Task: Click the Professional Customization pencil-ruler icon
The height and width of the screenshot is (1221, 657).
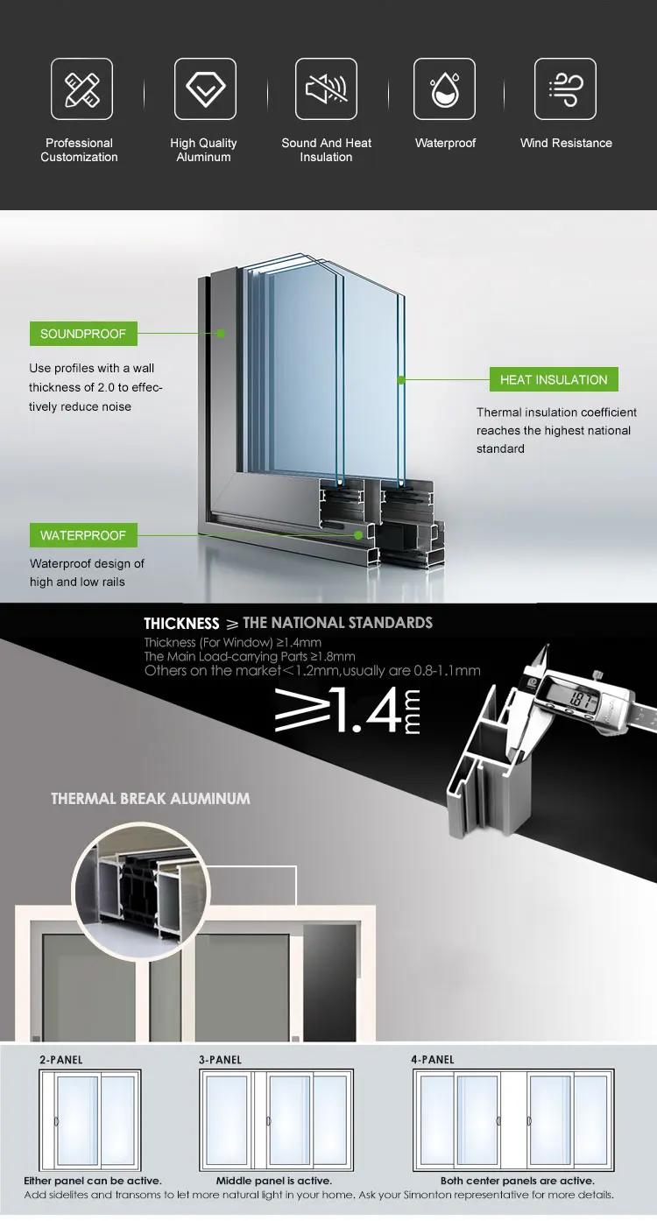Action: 81,88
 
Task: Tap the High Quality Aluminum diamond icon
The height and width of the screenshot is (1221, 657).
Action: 205,88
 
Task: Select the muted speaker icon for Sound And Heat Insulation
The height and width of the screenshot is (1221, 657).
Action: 326,88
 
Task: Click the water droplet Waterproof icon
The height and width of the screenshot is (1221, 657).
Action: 444,88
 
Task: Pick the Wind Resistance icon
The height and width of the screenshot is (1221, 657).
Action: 565,88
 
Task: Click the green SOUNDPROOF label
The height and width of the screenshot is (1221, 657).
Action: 83,334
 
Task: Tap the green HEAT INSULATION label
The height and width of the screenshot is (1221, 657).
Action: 554,379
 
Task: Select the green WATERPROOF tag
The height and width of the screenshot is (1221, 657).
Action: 83,535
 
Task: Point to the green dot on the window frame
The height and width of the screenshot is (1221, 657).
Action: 222,334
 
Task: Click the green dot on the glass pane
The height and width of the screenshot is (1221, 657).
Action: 401,379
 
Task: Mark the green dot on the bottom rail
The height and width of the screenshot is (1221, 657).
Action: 358,534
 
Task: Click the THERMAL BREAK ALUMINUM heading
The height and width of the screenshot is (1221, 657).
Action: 151,799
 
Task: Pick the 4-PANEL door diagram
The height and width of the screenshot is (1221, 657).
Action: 513,1119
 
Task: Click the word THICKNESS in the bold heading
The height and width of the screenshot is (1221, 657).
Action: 181,624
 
